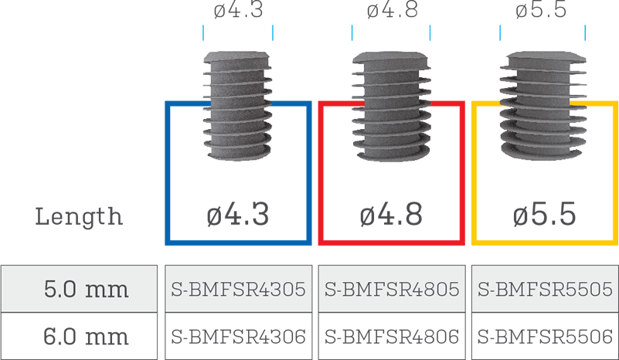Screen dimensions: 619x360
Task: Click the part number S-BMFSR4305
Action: point(239,290)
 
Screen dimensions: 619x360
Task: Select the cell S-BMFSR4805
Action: point(392,290)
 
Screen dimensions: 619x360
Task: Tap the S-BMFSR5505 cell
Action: point(545,290)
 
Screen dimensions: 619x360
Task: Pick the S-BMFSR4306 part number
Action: point(239,337)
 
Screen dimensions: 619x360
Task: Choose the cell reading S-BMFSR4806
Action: point(392,337)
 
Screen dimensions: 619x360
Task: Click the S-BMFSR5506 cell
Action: point(545,337)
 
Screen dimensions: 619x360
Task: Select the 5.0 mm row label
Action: point(86,290)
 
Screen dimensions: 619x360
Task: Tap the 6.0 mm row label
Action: point(86,337)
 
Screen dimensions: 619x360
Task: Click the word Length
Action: point(79,216)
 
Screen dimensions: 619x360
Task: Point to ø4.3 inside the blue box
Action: point(238,214)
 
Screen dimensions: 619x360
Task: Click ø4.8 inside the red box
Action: point(391,214)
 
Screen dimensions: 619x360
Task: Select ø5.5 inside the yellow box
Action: point(544,214)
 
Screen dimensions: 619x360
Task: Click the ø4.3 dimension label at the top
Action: point(238,9)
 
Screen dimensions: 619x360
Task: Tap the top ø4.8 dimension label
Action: point(392,9)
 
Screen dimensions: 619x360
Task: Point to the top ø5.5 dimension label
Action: point(541,9)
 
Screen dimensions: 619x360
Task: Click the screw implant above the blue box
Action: point(238,105)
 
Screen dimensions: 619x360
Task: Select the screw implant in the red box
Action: point(391,106)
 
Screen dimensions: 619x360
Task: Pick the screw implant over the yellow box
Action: point(542,105)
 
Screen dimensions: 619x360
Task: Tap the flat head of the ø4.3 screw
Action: point(238,58)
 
